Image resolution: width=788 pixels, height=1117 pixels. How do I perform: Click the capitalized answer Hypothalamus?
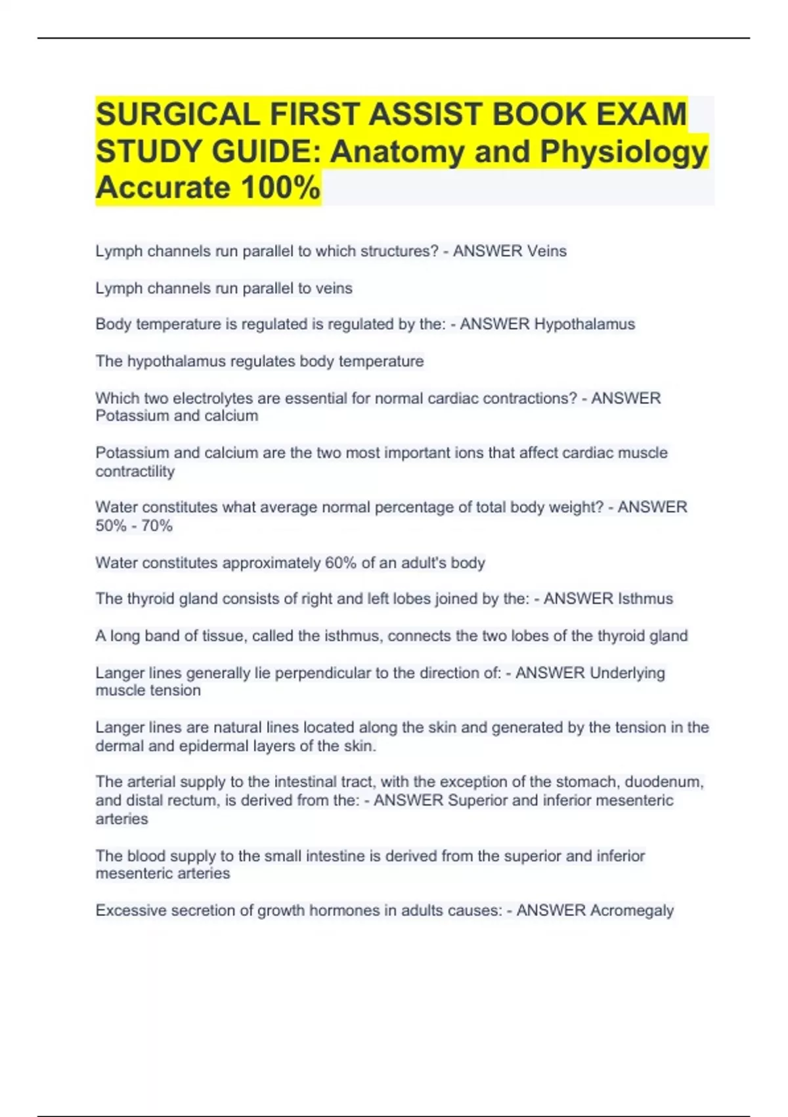pos(584,324)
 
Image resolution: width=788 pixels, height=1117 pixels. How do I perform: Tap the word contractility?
pos(135,471)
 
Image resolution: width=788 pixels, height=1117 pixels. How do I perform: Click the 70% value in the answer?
pos(157,526)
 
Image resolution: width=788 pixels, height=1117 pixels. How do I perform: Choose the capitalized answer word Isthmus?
pos(646,599)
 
